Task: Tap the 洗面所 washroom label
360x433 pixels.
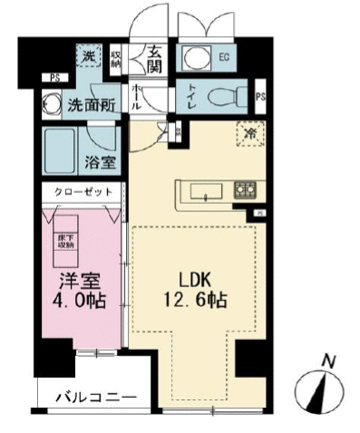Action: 91,104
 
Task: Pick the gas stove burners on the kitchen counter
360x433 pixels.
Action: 245,189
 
